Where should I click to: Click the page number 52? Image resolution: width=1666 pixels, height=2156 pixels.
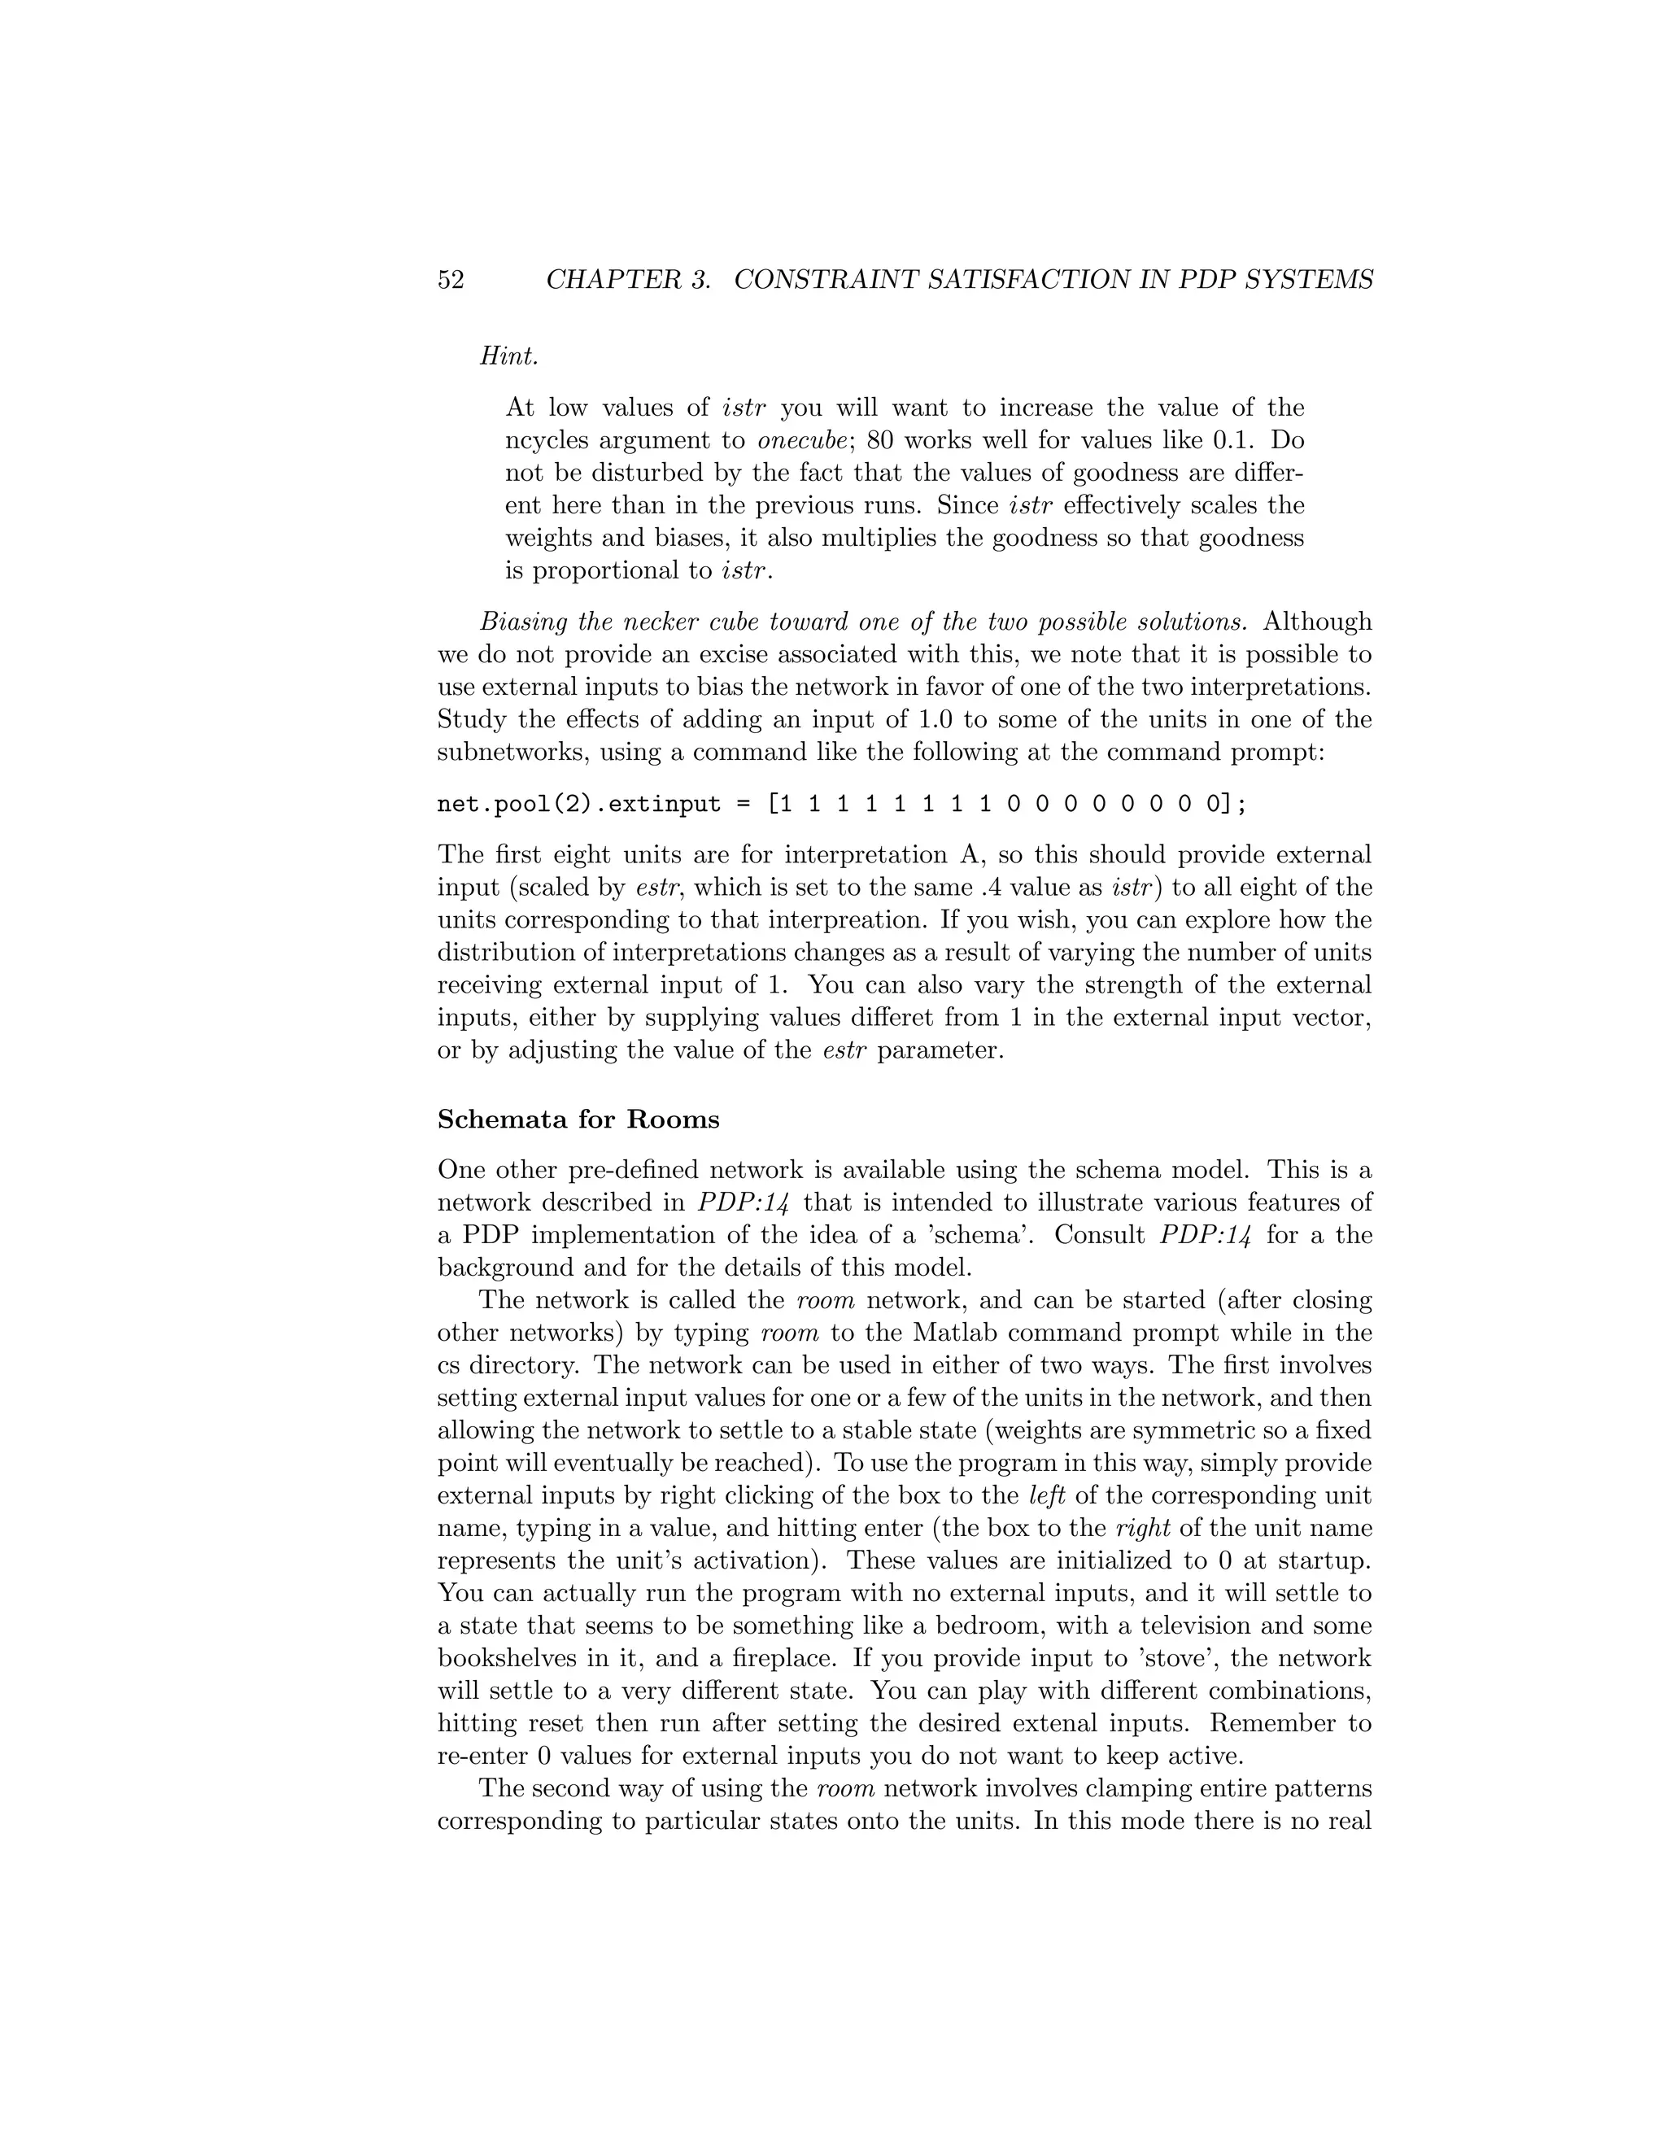pos(450,281)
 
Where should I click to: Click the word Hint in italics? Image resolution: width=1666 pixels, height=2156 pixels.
pos(508,356)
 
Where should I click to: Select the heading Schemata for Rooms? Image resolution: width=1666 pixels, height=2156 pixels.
pos(578,1119)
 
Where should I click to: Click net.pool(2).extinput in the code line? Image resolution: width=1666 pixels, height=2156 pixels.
pos(578,804)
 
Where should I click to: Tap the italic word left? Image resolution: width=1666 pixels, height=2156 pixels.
pos(1047,1495)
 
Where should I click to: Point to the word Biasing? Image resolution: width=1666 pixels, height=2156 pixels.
pos(523,622)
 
